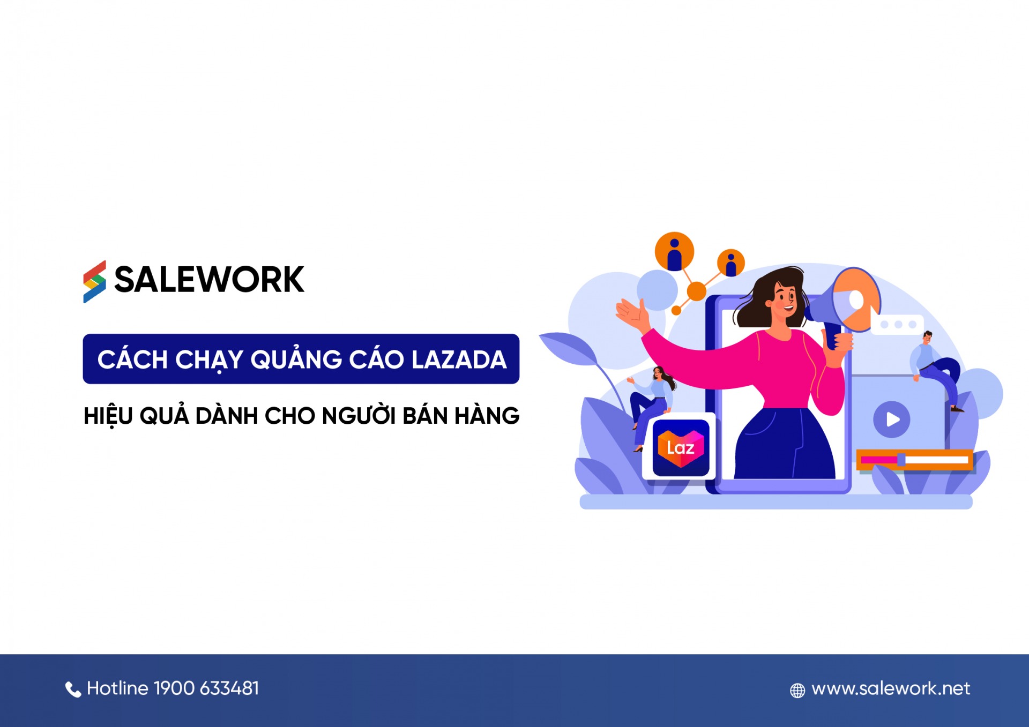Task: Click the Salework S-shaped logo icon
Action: pyautogui.click(x=94, y=282)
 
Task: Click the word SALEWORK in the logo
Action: pyautogui.click(x=209, y=280)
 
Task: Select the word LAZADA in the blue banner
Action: pyautogui.click(x=459, y=359)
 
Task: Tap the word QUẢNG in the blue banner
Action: pyautogui.click(x=296, y=358)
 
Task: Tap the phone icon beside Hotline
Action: pyautogui.click(x=73, y=689)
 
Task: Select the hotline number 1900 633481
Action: pyautogui.click(x=206, y=688)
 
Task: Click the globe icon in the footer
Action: pyautogui.click(x=797, y=691)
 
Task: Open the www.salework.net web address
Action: pyautogui.click(x=891, y=688)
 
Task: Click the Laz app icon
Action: pyautogui.click(x=681, y=448)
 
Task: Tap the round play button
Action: pyautogui.click(x=892, y=419)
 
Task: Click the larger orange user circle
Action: pyautogui.click(x=674, y=252)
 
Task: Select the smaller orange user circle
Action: pyautogui.click(x=731, y=263)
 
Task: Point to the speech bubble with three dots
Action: pyautogui.click(x=897, y=325)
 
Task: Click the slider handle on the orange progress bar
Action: pyautogui.click(x=901, y=460)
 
